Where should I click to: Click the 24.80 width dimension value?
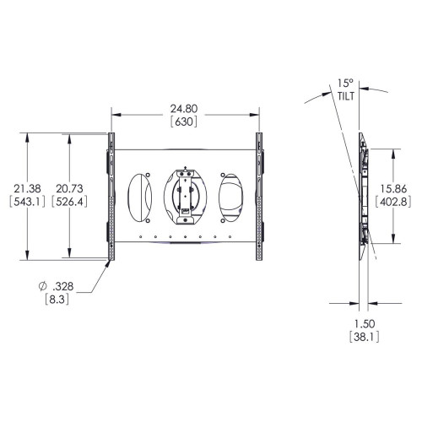184,109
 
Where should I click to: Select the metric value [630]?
184,122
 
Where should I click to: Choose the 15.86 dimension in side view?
394,189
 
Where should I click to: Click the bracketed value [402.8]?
394,203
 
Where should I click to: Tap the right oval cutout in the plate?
230,197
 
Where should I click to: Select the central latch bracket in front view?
185,193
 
